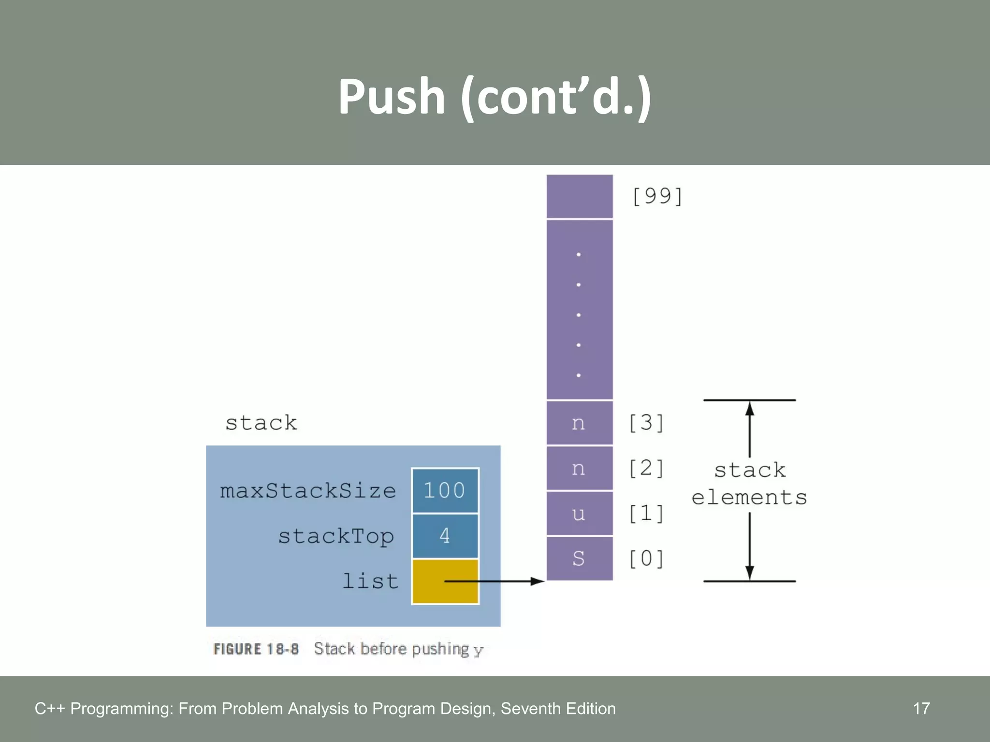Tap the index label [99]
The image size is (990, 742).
[657, 196]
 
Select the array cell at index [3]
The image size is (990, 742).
[579, 423]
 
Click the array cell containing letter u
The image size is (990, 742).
[579, 514]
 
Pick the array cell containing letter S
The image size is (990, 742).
[579, 558]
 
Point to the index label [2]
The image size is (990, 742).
[646, 468]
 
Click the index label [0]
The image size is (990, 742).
[646, 558]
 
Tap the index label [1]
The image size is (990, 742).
[646, 514]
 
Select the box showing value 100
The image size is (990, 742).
[445, 490]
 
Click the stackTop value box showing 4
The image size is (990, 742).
[445, 536]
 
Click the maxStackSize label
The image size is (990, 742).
[308, 491]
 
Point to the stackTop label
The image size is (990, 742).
[336, 536]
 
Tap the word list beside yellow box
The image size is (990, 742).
[370, 581]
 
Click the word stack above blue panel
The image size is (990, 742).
[261, 423]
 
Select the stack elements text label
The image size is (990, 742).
[749, 484]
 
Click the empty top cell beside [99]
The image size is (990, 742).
[579, 196]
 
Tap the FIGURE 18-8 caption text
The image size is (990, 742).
[348, 649]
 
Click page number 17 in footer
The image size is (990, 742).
[921, 709]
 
